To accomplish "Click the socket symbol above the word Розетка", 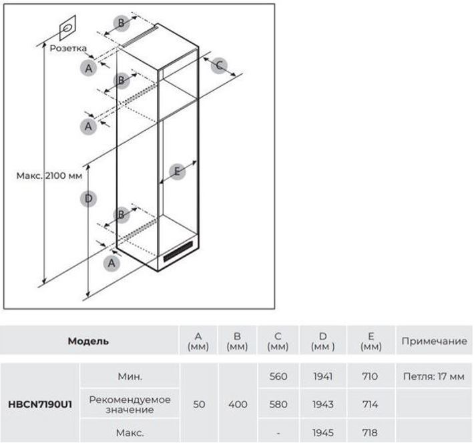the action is [x=67, y=29].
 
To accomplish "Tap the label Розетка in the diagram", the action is [x=68, y=48].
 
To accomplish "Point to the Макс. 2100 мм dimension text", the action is [x=49, y=175].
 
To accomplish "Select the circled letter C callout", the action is [x=219, y=65].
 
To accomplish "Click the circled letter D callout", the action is [x=88, y=199].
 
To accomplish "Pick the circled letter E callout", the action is [x=177, y=171].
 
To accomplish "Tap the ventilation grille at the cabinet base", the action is [x=178, y=252].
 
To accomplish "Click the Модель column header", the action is [x=88, y=341].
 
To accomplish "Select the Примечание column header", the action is [x=435, y=341].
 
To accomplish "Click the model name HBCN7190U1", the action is [x=40, y=404].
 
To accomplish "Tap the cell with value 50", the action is [x=199, y=404].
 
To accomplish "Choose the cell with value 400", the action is [x=238, y=404].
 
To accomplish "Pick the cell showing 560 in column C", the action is [x=278, y=376].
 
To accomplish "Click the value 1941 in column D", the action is [x=323, y=376].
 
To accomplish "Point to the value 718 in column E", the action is [x=370, y=433].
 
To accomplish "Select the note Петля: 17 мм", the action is [x=434, y=376].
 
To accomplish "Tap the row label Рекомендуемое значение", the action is [x=130, y=404].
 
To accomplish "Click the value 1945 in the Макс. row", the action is [x=323, y=433].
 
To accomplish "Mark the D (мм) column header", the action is [x=323, y=341].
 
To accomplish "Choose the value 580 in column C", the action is [x=278, y=404].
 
